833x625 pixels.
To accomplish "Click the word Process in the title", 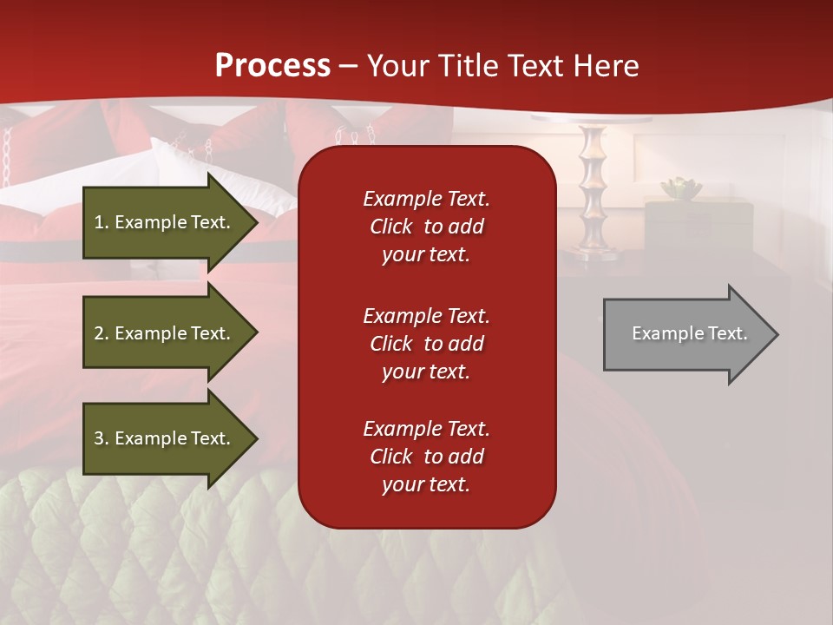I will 272,65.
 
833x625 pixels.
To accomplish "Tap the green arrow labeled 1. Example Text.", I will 165,222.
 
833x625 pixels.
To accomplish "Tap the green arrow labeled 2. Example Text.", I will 165,333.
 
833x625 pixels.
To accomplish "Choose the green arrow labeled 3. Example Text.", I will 165,438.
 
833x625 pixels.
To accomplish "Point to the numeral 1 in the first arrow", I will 98,222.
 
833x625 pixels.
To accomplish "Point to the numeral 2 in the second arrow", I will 99,333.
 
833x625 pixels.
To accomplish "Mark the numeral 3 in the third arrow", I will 99,438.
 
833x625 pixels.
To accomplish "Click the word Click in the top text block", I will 390,227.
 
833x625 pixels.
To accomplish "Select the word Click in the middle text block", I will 390,344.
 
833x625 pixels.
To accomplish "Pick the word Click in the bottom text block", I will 390,457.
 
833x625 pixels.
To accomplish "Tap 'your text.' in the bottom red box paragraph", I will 425,484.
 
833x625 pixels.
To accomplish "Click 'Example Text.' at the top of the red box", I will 426,199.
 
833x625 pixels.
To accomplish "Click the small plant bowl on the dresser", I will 680,187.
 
